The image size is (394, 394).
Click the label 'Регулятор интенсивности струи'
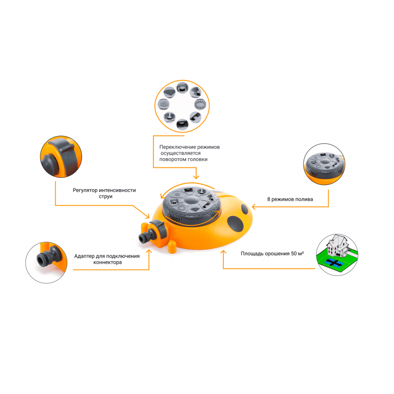coord(105,193)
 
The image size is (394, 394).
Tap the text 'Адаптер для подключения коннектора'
coord(107,259)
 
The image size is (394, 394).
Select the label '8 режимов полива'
coord(290,199)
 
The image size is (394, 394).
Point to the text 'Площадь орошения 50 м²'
coord(272,254)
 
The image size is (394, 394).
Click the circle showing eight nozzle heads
coord(182,106)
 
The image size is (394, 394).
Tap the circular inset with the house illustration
coord(337,255)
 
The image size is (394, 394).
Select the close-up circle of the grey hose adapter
coord(46,263)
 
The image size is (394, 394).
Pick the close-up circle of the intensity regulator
coord(61,157)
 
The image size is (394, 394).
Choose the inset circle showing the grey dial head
coord(324,164)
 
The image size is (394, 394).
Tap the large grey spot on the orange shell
coord(235,223)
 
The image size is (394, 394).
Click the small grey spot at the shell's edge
coord(245,209)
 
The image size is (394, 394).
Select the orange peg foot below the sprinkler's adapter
coord(172,247)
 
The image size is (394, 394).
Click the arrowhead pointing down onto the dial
coord(196,177)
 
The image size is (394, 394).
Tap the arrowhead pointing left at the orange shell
coord(254,206)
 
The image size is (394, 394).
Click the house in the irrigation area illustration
coord(336,245)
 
